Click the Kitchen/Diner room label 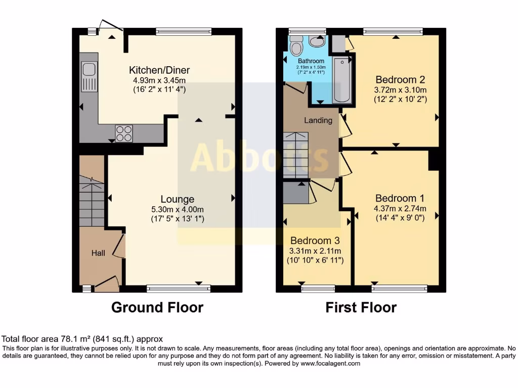159,70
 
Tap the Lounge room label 177,199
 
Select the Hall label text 98,253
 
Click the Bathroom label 311,61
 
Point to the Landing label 318,120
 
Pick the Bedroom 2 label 400,79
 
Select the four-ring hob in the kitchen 124,133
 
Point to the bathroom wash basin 317,41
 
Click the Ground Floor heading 157,307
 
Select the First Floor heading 361,307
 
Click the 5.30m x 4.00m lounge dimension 177,209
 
